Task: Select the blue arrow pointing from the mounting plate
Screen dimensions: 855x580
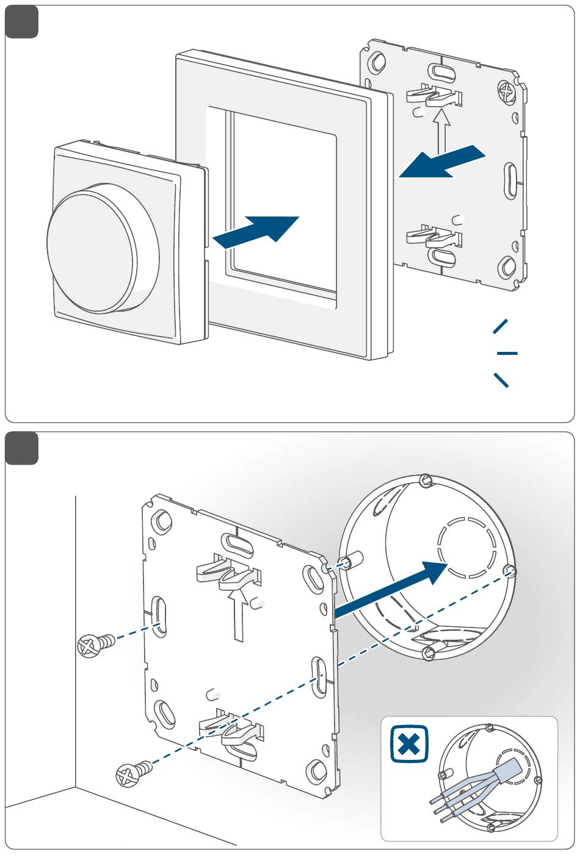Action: click(x=442, y=162)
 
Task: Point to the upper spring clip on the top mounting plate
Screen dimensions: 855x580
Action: click(x=433, y=95)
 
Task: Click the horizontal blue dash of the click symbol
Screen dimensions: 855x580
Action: click(x=507, y=353)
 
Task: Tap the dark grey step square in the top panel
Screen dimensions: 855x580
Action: click(x=22, y=22)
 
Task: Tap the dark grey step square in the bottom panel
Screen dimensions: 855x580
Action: click(x=22, y=448)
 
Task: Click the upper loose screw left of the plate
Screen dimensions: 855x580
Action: click(x=96, y=644)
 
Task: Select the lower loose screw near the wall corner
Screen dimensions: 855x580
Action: click(x=134, y=773)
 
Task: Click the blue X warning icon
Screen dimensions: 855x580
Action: click(x=409, y=743)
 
